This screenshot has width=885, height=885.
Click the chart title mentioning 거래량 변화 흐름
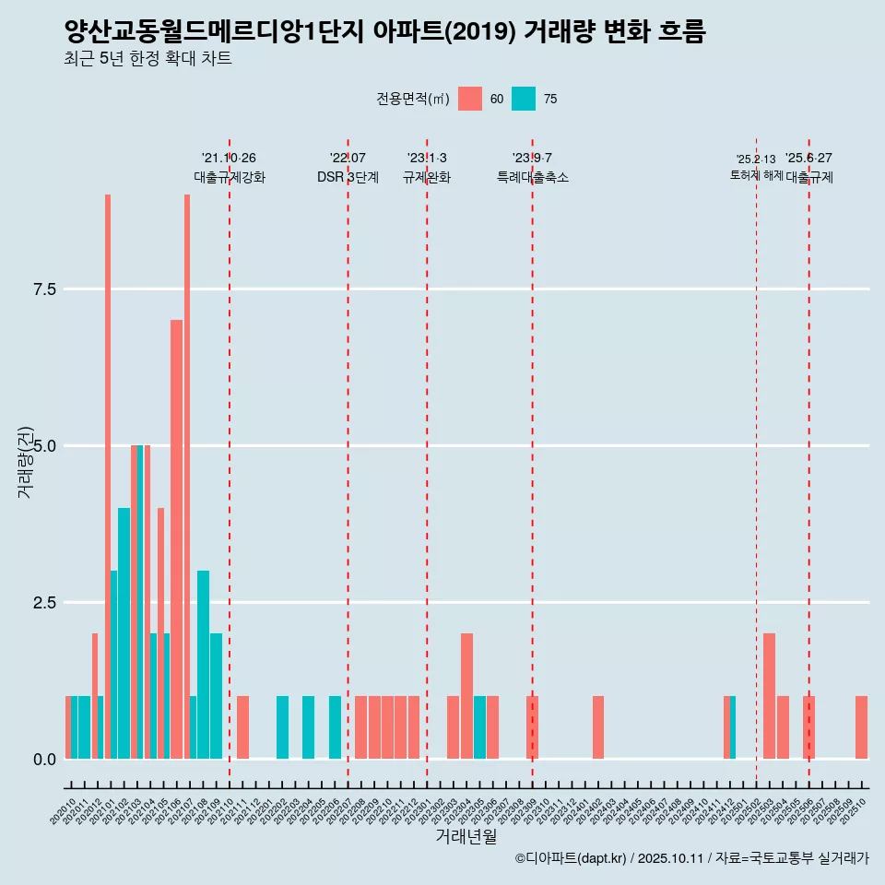coord(384,32)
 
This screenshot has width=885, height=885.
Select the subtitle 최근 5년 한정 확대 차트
coord(147,60)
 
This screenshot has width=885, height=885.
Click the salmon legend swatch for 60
coord(470,99)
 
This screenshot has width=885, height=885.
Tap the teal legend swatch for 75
coord(524,99)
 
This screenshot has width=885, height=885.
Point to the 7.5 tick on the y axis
coord(45,289)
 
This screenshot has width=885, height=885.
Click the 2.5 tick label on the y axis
coord(45,603)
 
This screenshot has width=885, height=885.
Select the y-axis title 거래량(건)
coord(26,461)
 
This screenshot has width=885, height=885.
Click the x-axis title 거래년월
coord(466,837)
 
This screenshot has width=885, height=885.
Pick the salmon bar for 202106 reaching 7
coord(176,539)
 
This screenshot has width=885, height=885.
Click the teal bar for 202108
coord(203,665)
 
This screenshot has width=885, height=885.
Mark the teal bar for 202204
coord(308,727)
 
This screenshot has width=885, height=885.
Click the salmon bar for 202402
coord(598,727)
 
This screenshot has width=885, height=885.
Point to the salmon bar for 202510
coord(861,727)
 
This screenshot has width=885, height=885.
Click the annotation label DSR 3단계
coord(348,178)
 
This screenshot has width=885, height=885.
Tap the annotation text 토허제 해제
coord(756,175)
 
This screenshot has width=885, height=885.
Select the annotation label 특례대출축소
coord(532,178)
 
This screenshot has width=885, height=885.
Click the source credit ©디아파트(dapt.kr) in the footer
coord(571,858)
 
